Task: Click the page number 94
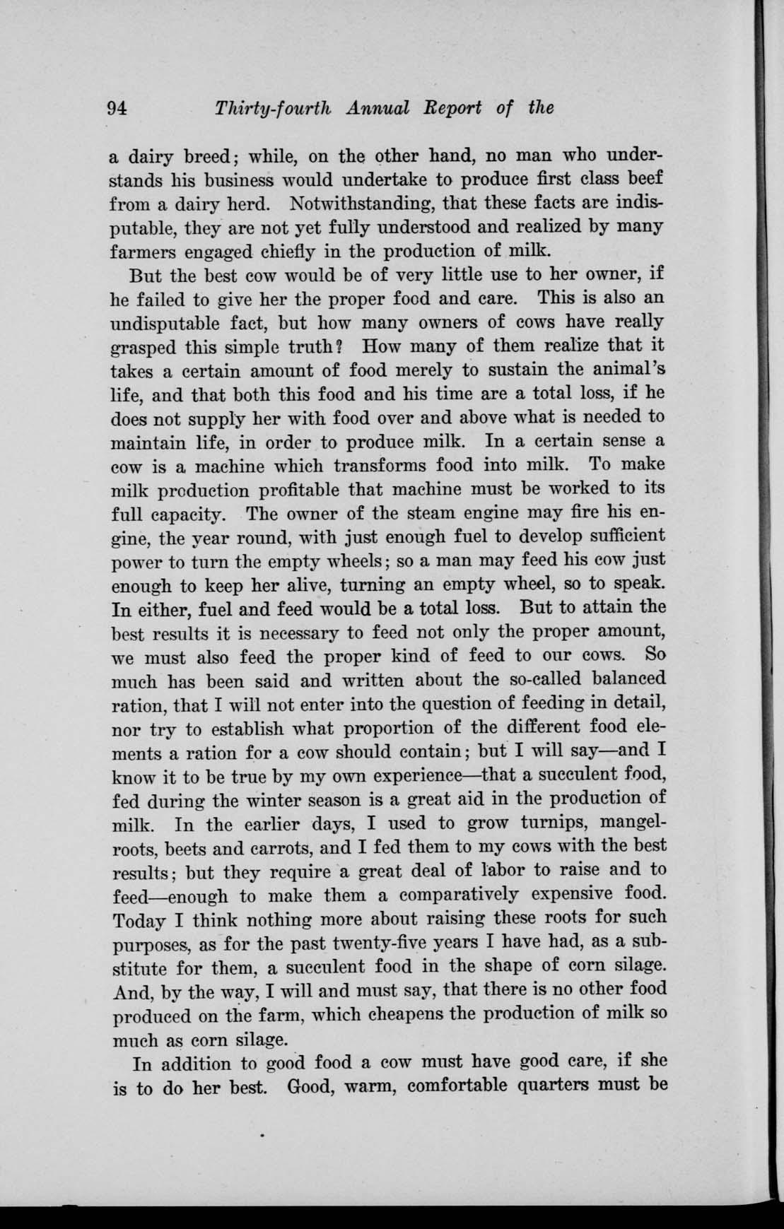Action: (x=116, y=107)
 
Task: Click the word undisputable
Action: (x=175, y=323)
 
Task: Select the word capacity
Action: (x=175, y=514)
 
